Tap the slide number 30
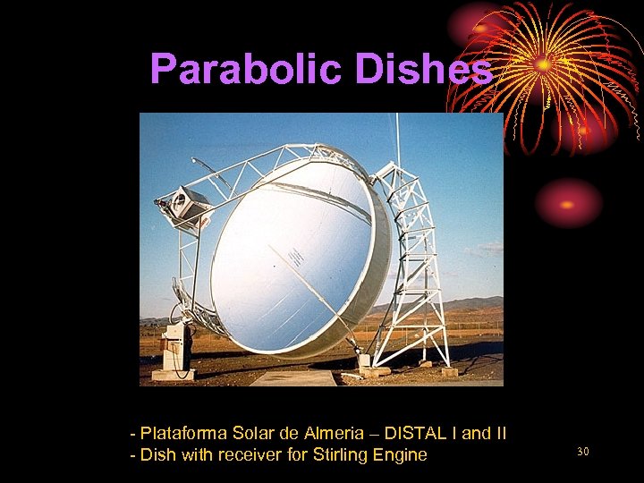582,452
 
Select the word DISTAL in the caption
419,434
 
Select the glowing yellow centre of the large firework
543,64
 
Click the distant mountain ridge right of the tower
474,303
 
